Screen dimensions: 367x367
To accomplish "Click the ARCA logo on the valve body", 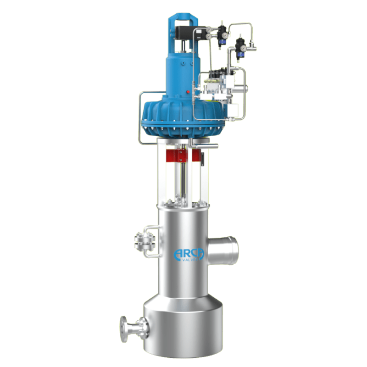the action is [x=189, y=254].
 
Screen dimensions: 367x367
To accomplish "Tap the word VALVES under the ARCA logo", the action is [x=190, y=259].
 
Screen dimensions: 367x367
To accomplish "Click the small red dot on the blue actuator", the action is [x=188, y=92].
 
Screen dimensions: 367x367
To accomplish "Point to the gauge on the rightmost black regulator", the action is [x=244, y=48].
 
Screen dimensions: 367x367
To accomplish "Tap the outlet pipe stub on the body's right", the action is [x=223, y=250].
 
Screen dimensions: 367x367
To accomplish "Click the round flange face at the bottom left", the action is [x=123, y=329].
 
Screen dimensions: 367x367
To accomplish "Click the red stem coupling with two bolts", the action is [x=180, y=156].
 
